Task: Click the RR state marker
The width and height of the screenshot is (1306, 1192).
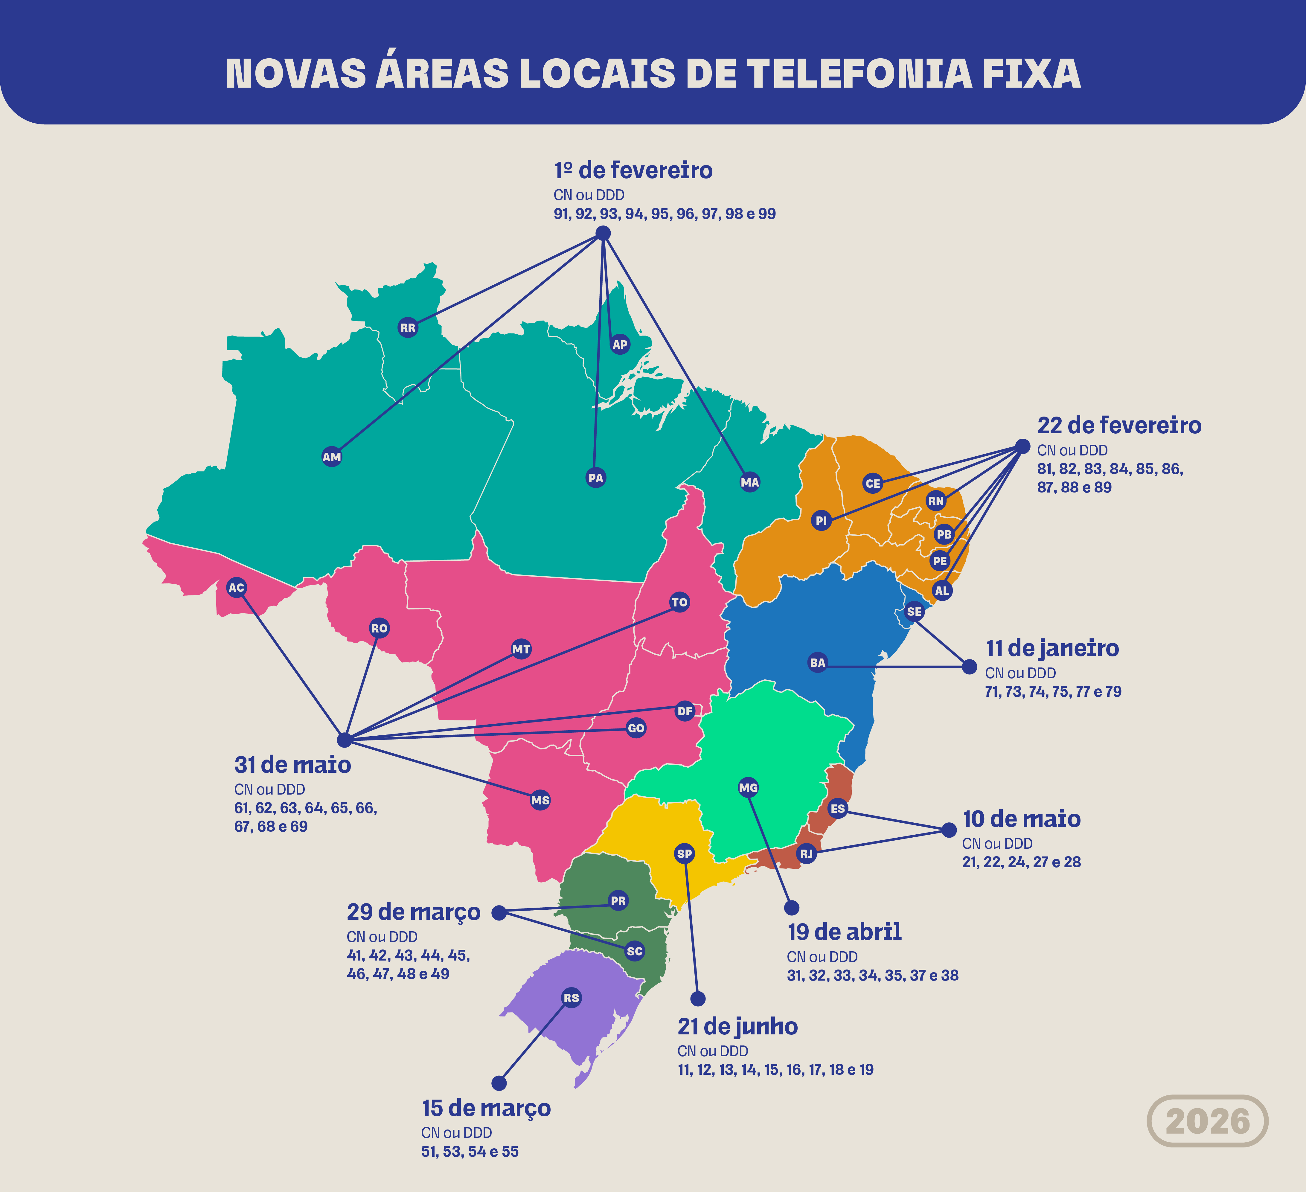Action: point(408,328)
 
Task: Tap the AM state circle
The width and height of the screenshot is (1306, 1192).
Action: point(332,457)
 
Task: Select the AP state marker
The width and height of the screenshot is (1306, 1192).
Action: point(620,344)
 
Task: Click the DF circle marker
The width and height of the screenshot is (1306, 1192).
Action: point(685,711)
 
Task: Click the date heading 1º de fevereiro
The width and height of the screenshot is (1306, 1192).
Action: point(633,170)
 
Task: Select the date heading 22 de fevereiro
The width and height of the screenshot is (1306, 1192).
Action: point(1119,426)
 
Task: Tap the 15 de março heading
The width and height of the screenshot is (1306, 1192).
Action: point(486,1108)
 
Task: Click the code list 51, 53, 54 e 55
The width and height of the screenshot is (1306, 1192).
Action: point(470,1151)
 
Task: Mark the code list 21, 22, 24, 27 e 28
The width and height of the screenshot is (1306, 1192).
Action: point(1021,862)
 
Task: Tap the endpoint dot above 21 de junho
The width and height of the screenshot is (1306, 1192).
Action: point(698,999)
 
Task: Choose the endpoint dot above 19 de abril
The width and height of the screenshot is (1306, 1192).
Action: point(792,908)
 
